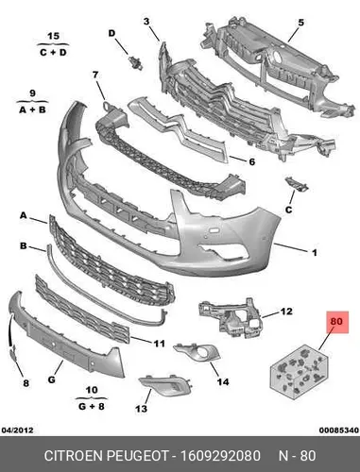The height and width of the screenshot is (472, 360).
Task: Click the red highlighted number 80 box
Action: click(x=337, y=322)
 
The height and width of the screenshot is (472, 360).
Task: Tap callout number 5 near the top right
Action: click(x=301, y=23)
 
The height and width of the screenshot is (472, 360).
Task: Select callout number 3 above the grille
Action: click(x=146, y=22)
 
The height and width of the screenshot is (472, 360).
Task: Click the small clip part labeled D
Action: click(x=136, y=62)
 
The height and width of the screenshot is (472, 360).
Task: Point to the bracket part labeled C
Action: click(x=297, y=184)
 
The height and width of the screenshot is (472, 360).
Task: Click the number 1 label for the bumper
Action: click(x=314, y=252)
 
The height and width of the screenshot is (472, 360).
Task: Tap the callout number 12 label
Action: click(x=286, y=312)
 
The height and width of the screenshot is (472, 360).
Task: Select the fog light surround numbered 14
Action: click(x=197, y=352)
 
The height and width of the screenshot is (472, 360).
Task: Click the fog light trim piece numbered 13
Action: click(x=166, y=384)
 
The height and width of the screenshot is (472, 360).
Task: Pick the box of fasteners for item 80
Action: click(x=299, y=372)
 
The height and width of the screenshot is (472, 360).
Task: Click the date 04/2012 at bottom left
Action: click(x=18, y=430)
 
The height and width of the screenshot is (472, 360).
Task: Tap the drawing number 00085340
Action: click(x=339, y=430)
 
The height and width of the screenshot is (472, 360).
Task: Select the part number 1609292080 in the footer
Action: click(x=220, y=456)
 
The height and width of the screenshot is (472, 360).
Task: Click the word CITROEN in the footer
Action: click(x=74, y=456)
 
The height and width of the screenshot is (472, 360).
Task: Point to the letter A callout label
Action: click(x=24, y=215)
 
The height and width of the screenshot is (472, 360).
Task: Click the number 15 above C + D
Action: click(x=54, y=36)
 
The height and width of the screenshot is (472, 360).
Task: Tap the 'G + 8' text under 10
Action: click(x=92, y=406)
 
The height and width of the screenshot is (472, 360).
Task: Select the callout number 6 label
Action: click(x=252, y=161)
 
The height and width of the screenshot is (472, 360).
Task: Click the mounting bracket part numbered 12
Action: click(x=231, y=318)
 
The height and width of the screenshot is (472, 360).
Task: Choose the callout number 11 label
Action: click(x=160, y=344)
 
